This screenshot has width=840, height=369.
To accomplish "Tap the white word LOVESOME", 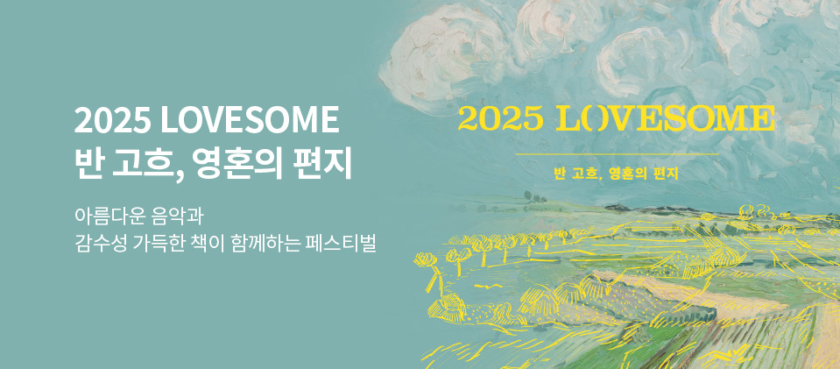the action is click(251, 120).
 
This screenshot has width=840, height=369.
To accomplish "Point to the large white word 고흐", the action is click(144, 162).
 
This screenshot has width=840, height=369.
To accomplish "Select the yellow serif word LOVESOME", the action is click(666, 119).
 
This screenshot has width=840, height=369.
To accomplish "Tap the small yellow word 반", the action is click(560, 174).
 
